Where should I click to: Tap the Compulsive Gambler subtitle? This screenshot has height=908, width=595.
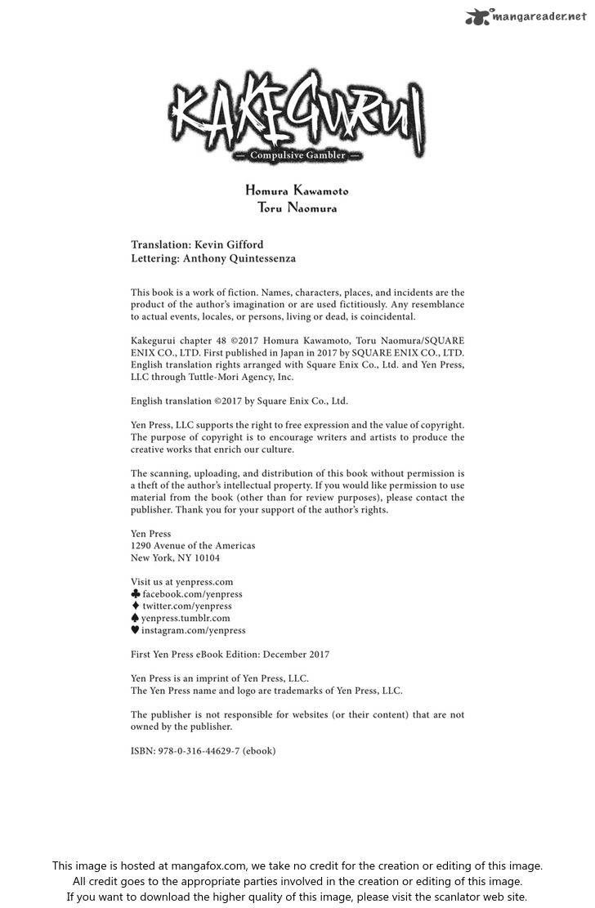[297, 155]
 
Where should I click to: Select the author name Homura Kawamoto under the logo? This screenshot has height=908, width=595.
[297, 190]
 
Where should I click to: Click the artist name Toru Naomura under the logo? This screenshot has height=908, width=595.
[297, 208]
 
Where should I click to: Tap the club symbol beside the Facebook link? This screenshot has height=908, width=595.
[136, 594]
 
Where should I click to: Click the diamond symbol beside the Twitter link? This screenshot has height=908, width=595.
[136, 606]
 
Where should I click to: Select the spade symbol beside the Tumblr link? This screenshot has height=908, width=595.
[136, 619]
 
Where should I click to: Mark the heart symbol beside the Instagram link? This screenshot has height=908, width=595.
[136, 631]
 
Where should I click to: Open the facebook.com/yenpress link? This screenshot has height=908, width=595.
[192, 594]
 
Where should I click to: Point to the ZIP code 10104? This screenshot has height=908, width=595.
[205, 558]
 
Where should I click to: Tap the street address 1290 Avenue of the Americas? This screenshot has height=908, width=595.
[193, 546]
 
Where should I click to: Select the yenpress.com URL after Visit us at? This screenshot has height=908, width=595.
[204, 582]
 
